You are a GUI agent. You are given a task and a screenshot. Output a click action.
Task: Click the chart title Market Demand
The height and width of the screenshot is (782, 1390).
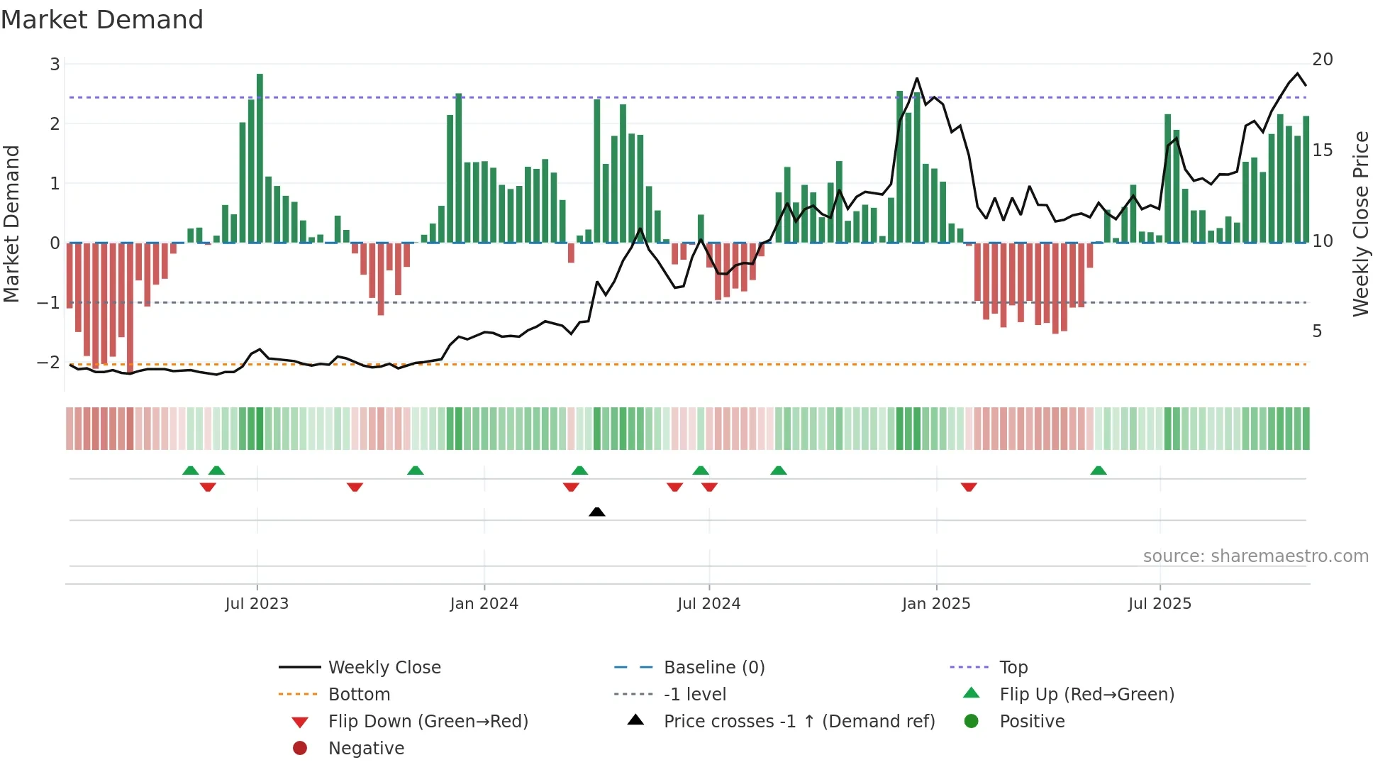coord(102,20)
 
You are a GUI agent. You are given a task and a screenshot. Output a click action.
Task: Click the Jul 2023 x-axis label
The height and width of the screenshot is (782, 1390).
coord(257,604)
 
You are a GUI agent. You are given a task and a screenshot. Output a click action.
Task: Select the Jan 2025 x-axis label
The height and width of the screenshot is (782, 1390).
coord(936,604)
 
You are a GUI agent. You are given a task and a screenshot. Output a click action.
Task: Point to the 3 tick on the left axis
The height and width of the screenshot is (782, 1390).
coord(55,65)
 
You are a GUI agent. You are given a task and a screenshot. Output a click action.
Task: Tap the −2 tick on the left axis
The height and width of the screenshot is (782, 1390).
coord(50,363)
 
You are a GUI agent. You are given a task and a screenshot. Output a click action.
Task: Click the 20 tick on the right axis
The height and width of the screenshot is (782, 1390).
coord(1322,60)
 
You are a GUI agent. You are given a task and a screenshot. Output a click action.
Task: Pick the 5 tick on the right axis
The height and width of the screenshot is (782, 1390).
coord(1317,331)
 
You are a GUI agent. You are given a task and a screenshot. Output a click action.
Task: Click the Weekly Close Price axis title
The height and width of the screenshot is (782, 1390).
coord(1360,224)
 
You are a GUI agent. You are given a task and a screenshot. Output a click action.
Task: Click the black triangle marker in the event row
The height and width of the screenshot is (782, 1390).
coord(597,512)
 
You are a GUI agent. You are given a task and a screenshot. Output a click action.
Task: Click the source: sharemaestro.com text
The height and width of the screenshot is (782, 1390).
coord(1255,556)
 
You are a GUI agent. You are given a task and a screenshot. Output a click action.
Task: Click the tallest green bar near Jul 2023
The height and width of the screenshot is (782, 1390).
coord(260,158)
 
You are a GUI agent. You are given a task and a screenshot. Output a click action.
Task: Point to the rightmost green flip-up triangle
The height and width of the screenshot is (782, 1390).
coord(1099,470)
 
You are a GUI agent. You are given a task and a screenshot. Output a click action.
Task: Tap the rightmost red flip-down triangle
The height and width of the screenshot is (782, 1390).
coord(969,487)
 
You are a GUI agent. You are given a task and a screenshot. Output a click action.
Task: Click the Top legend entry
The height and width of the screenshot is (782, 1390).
coord(1013,668)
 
